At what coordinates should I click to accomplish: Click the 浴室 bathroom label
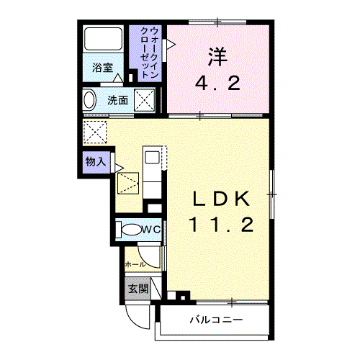102,68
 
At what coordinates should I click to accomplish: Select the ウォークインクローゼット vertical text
150,53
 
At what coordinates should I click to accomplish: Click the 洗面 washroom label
118,100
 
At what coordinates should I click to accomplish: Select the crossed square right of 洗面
146,100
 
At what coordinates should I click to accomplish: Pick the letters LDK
221,197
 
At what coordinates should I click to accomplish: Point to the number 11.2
220,225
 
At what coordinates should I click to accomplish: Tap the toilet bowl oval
131,230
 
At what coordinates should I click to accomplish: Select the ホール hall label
135,264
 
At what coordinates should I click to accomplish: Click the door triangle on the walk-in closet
171,44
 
